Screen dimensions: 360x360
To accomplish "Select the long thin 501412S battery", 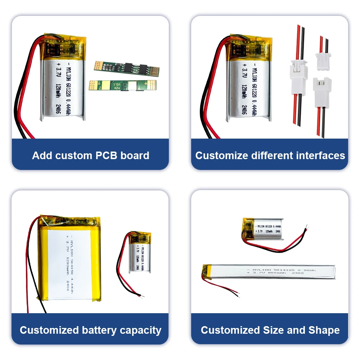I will click(x=270, y=272).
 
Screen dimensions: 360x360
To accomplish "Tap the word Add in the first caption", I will click(x=41, y=156).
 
